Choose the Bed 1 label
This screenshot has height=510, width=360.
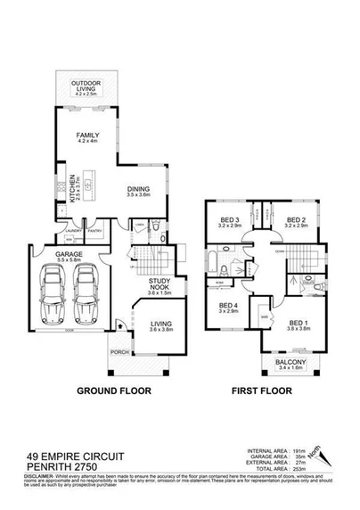coord(298,325)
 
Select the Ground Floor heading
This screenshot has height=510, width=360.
coord(113,391)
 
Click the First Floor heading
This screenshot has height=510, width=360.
coord(265,391)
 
